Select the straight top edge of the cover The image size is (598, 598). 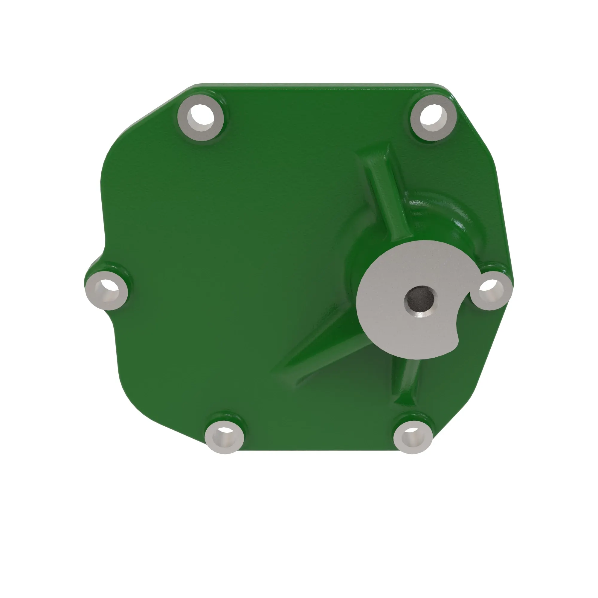pyautogui.click(x=309, y=84)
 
